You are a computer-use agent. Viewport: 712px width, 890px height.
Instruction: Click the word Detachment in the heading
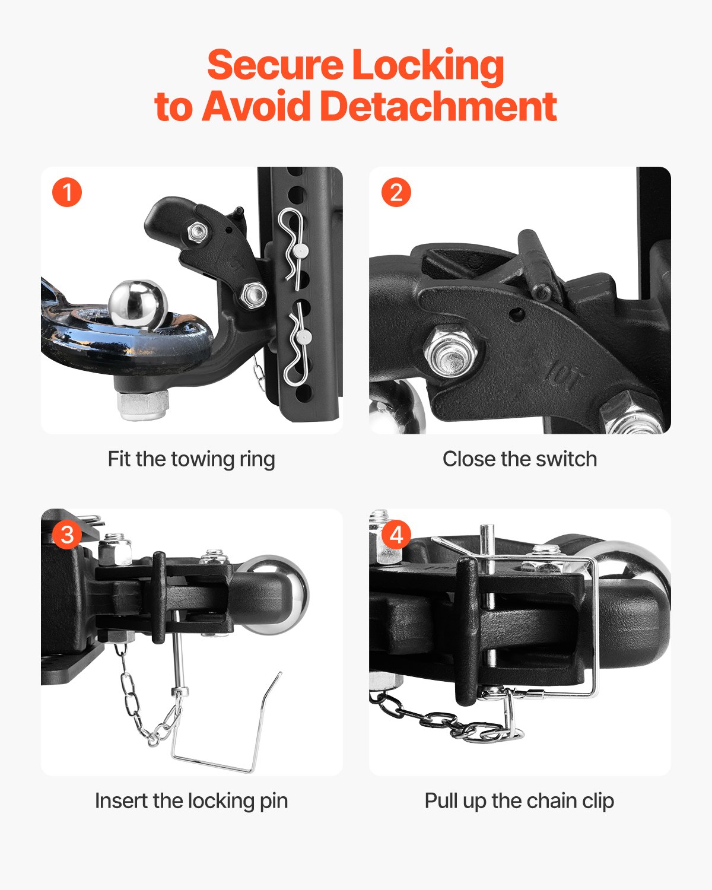pyautogui.click(x=438, y=107)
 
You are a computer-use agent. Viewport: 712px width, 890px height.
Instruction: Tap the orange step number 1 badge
pyautogui.click(x=67, y=193)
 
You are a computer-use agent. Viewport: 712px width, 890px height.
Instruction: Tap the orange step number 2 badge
pyautogui.click(x=396, y=193)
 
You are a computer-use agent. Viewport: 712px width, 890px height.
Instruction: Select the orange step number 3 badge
pyautogui.click(x=67, y=535)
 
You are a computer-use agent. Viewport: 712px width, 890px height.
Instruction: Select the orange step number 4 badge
pyautogui.click(x=396, y=535)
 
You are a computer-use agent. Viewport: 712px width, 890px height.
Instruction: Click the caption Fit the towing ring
pyautogui.click(x=191, y=459)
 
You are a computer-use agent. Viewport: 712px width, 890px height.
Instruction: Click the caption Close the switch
pyautogui.click(x=520, y=459)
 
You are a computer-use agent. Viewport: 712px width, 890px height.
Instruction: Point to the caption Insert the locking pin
pyautogui.click(x=191, y=801)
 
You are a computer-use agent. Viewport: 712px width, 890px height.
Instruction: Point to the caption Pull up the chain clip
pyautogui.click(x=520, y=801)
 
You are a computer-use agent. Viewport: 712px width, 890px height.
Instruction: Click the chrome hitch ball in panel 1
pyautogui.click(x=138, y=303)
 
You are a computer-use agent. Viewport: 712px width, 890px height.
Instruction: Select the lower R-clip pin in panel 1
pyautogui.click(x=297, y=344)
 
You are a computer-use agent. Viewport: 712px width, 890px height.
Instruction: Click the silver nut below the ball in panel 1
pyautogui.click(x=143, y=404)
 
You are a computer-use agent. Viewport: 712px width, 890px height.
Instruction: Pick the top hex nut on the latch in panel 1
pyautogui.click(x=197, y=231)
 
